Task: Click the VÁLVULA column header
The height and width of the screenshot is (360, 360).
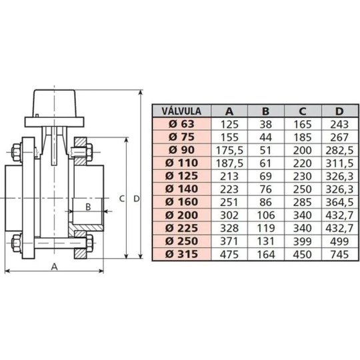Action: [x=181, y=111]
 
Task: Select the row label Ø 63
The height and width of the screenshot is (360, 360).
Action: [x=181, y=124]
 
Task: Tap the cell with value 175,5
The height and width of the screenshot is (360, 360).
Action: [x=229, y=151]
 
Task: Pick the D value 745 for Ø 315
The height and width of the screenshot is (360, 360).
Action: [x=339, y=255]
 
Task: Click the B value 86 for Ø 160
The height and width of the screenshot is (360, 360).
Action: [x=265, y=202]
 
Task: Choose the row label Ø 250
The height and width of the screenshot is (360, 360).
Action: [x=181, y=241]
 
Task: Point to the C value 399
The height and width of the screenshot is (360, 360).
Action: [x=303, y=241]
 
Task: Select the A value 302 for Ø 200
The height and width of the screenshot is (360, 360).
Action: [x=229, y=215]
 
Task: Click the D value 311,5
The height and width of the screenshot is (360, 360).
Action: [x=339, y=163]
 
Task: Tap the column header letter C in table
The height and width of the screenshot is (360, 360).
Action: [x=303, y=111]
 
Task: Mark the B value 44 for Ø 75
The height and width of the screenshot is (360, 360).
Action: [x=265, y=137]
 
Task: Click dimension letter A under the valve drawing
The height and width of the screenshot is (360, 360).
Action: [x=54, y=267]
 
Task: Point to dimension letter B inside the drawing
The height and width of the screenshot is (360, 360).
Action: [x=88, y=207]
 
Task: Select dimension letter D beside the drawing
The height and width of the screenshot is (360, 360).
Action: [x=137, y=199]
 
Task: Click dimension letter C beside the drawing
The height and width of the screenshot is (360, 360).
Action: [x=122, y=199]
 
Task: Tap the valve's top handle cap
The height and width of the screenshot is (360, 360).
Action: [x=55, y=103]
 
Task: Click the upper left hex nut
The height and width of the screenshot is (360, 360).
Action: [x=17, y=153]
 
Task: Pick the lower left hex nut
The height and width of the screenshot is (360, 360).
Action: [x=17, y=243]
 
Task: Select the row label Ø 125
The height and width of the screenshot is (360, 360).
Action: [x=181, y=176]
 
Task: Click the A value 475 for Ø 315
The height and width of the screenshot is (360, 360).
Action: [x=229, y=255]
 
